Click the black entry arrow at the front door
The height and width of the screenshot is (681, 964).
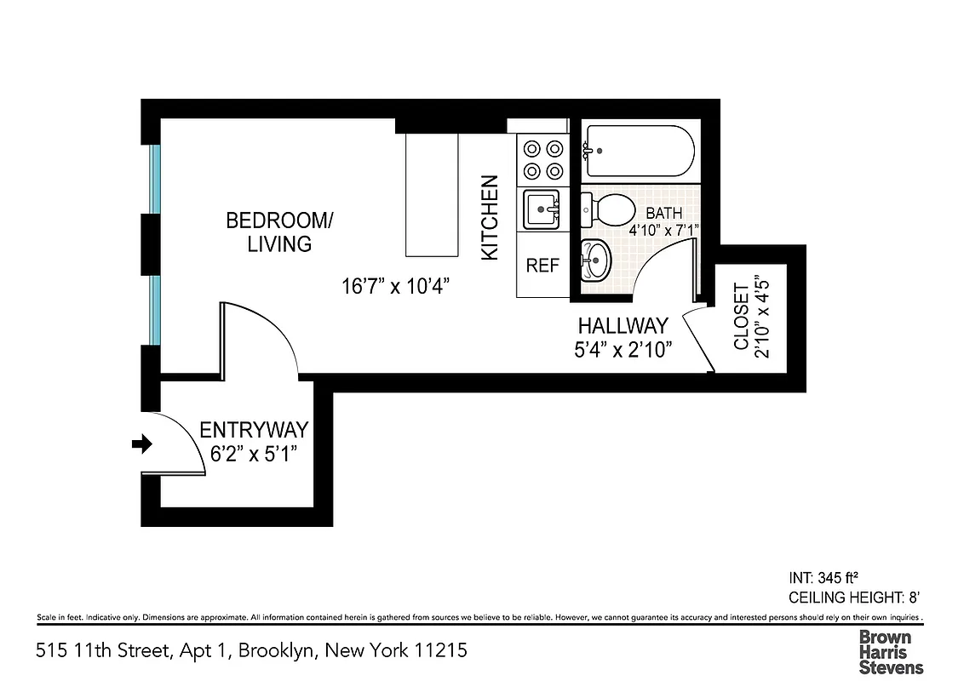coord(142,444)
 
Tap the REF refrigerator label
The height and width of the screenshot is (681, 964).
coord(542,266)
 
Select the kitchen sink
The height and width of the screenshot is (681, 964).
coord(542,209)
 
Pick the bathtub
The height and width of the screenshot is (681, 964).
coord(639,151)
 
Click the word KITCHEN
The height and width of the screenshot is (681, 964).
coord(490,218)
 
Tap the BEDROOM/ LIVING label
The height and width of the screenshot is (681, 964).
coord(279,232)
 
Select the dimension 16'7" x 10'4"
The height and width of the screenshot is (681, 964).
coord(394,286)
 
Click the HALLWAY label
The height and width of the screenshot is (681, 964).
coord(623,326)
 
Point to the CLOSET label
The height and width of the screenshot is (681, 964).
coord(741,317)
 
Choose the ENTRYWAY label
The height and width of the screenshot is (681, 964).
coord(253,430)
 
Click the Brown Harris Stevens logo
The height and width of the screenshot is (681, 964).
coord(890,651)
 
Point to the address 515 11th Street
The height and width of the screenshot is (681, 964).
coord(251,651)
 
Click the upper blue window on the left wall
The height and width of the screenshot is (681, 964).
coord(155,178)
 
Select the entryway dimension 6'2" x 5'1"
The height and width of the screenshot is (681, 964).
coord(253,453)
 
